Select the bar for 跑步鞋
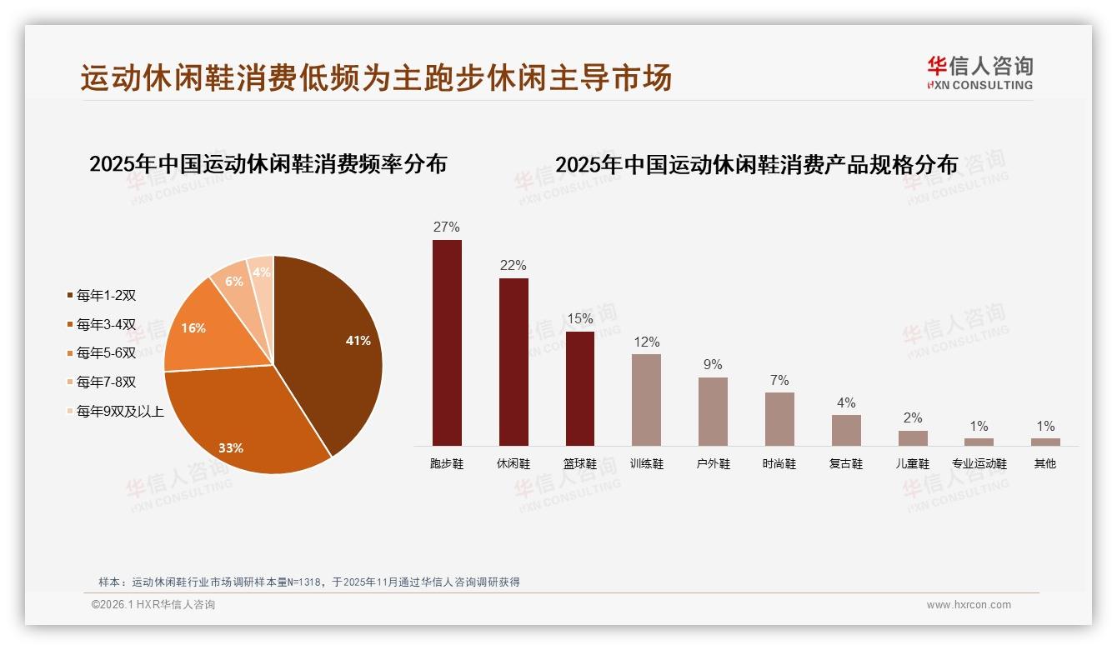pos(447,342)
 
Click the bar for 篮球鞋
pos(580,388)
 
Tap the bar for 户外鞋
pos(713,411)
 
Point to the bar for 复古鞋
pos(846,430)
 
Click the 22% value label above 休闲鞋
pos(513,266)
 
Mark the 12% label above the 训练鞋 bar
pos(646,342)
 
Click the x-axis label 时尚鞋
pos(779,464)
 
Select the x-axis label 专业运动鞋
pos(979,464)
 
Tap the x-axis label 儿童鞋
pos(913,464)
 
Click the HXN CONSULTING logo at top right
pos(979,73)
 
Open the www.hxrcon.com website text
pos(969,605)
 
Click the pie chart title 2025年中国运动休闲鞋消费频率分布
pos(268,163)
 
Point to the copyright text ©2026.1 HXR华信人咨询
pos(153,605)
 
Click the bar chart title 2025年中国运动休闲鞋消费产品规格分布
pos(757,164)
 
